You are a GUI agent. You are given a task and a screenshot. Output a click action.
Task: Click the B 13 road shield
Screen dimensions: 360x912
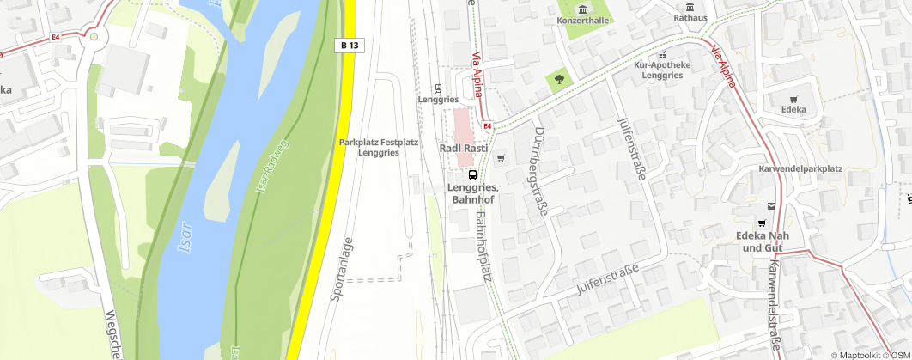pyautogui.click(x=348, y=46)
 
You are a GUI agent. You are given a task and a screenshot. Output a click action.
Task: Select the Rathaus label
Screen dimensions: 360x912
pyautogui.click(x=690, y=17)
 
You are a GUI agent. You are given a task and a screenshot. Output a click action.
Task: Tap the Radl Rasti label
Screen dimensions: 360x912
pyautogui.click(x=464, y=149)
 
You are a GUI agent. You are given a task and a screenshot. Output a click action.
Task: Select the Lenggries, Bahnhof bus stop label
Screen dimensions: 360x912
pyautogui.click(x=473, y=193)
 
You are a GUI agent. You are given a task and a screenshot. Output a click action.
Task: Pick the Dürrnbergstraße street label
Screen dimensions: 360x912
pyautogui.click(x=540, y=172)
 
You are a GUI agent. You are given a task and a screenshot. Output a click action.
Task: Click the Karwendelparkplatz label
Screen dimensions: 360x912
pyautogui.click(x=800, y=168)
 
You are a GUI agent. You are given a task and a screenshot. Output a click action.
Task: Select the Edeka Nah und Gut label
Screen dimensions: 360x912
pyautogui.click(x=762, y=242)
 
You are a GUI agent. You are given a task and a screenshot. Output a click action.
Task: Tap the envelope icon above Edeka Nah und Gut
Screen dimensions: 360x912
pyautogui.click(x=771, y=206)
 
